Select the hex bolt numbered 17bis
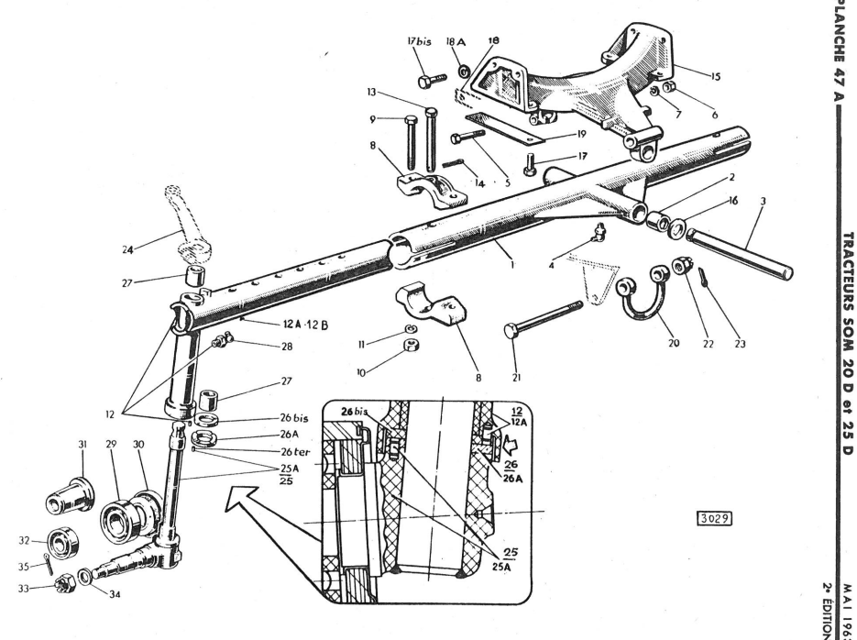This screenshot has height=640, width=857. pyautogui.click(x=432, y=81)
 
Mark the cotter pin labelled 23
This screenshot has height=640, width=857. pyautogui.click(x=702, y=277)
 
